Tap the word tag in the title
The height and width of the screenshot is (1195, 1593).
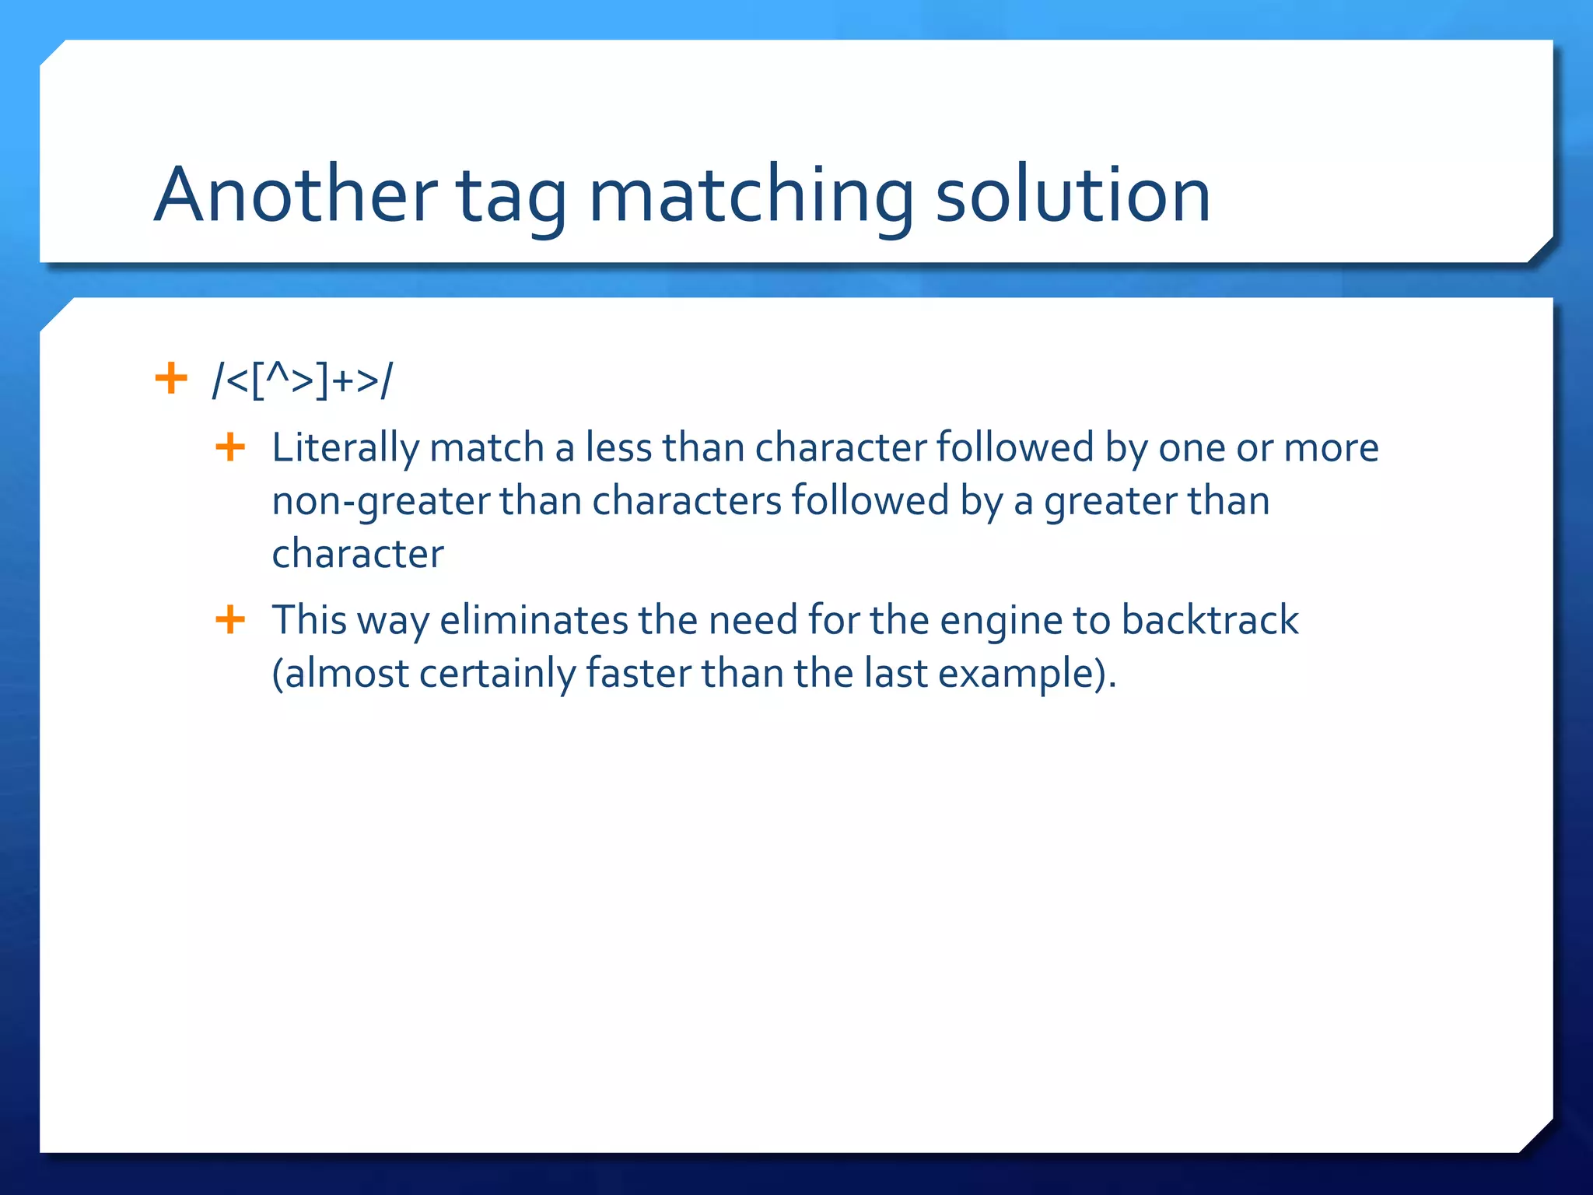pos(511,198)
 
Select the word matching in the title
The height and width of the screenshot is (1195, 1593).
pos(751,198)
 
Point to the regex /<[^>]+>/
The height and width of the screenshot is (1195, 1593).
pos(303,381)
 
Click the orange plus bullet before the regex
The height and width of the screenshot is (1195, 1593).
pos(171,379)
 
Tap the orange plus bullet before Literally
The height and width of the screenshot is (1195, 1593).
pos(230,447)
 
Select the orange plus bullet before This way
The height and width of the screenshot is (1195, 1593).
pos(230,620)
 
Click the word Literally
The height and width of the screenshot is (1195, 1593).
pos(345,449)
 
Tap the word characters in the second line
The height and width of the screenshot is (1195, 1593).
pos(686,501)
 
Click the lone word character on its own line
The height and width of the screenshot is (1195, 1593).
pos(358,554)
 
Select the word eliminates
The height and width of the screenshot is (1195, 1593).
pos(534,620)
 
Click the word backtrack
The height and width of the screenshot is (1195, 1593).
pos(1210,620)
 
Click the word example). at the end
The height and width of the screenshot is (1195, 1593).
pos(1027,674)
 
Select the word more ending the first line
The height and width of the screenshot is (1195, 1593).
pos(1331,448)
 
